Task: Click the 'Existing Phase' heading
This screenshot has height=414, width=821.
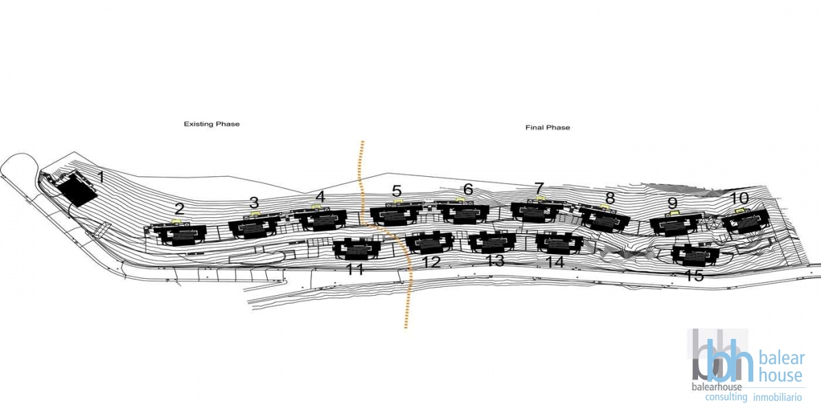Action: point(212,124)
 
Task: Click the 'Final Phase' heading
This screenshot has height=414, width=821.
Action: point(547,127)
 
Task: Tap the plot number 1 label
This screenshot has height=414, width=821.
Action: point(101,178)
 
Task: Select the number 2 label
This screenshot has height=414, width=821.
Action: point(179,208)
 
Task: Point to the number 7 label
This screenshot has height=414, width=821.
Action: point(539,189)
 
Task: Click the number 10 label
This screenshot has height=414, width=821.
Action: point(740,198)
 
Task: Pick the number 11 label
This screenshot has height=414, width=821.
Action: point(355,269)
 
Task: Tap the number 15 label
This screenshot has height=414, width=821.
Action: point(694,275)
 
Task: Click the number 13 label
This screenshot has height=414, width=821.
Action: point(495,260)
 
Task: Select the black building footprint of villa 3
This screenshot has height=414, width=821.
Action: point(255,227)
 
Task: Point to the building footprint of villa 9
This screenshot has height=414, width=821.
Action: point(675,224)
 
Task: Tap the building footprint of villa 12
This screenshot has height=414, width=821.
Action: point(428,242)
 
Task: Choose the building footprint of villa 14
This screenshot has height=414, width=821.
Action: point(560,243)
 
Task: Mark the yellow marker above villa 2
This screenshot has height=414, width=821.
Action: point(177,221)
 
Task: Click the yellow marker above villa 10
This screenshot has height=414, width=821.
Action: point(740,211)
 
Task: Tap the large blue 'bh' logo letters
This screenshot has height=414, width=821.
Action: point(729,361)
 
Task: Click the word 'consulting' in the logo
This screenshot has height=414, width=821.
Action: point(726,397)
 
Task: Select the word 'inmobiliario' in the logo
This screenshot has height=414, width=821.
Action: point(778,397)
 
